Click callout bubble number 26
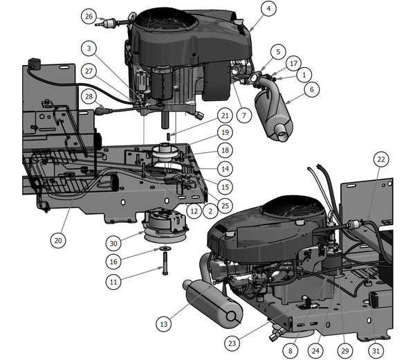[x=88, y=16]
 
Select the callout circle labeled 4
[x=269, y=9]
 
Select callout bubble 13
[x=163, y=323]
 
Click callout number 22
[x=381, y=159]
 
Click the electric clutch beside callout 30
[x=165, y=224]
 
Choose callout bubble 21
[x=225, y=114]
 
